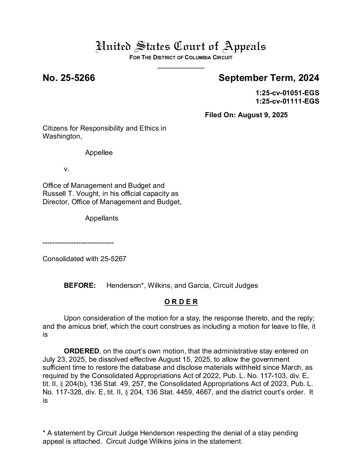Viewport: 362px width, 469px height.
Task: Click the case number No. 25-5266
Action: point(69,78)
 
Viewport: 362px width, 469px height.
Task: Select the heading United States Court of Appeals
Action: point(181,46)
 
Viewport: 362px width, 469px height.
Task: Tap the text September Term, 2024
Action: point(269,78)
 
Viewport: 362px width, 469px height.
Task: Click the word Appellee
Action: point(99,153)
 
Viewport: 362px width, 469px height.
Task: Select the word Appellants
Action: point(101,219)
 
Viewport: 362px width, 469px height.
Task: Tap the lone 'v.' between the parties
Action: point(67,169)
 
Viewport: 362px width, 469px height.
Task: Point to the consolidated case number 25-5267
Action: point(113,259)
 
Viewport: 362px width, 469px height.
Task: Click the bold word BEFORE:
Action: point(80,285)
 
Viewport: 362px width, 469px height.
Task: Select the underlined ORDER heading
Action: point(181,302)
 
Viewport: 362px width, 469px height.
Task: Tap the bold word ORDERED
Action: point(82,351)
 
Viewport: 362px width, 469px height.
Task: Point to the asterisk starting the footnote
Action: point(44,433)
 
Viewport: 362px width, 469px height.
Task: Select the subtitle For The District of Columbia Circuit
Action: point(181,57)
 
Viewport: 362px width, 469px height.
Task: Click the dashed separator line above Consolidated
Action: point(78,243)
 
